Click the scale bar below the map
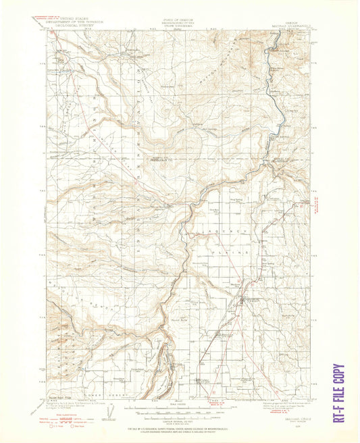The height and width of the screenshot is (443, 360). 180,408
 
